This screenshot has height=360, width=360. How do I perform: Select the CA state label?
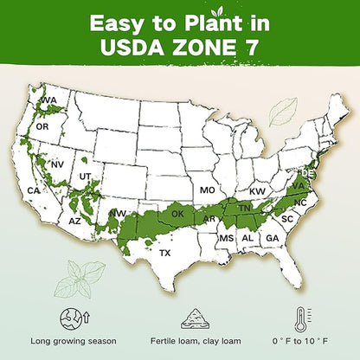34,190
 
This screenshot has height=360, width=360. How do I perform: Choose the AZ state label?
74,222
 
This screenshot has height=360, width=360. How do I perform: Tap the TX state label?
165,254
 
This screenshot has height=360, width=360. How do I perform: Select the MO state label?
207,190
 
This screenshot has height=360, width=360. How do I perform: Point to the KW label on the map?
257,190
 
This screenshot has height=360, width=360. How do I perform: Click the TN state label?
245,209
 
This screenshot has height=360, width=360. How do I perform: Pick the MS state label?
226,238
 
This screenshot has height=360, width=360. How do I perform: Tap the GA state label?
272,238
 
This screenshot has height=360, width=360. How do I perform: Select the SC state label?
288,220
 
